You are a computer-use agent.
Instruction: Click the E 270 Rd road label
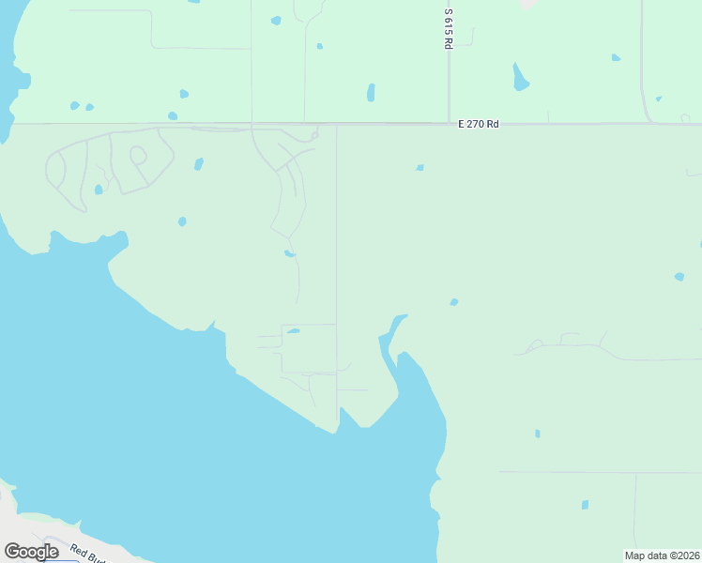478,124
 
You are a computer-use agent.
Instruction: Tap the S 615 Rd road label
450,29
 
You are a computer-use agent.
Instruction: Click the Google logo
31,551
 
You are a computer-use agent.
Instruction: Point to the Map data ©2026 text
662,555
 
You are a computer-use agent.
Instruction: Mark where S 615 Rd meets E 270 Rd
450,123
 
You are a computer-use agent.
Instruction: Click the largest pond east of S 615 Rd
519,78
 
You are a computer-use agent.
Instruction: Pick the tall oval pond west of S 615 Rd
371,93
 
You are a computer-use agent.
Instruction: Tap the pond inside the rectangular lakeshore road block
293,331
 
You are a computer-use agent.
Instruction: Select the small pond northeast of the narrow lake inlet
454,302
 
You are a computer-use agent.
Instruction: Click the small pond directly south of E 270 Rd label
420,168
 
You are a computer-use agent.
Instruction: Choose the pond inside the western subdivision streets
99,190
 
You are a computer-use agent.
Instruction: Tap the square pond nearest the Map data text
585,505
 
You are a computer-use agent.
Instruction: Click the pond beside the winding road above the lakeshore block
289,253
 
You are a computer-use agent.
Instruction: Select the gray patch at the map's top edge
529,4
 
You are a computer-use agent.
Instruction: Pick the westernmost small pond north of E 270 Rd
74,106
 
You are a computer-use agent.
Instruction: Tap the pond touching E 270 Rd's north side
173,116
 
